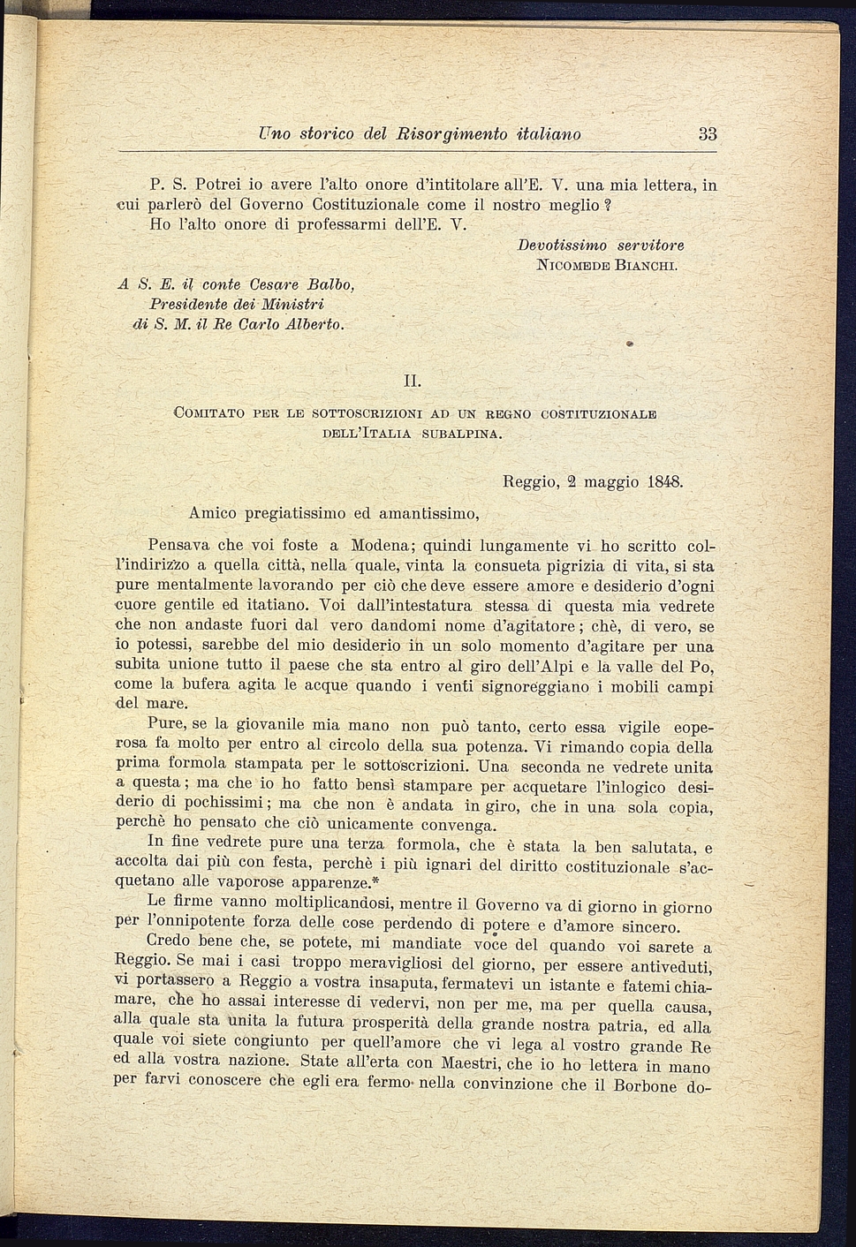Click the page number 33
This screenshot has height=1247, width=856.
pyautogui.click(x=707, y=134)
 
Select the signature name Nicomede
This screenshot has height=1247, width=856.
pyautogui.click(x=575, y=264)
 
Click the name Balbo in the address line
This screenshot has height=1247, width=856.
pyautogui.click(x=330, y=284)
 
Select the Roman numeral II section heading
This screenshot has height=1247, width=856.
pyautogui.click(x=412, y=381)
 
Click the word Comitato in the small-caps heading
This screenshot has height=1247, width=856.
pyautogui.click(x=209, y=413)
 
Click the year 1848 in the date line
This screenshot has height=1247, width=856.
pyautogui.click(x=664, y=482)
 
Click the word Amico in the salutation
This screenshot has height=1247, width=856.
pyautogui.click(x=213, y=512)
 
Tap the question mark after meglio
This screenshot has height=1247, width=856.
pyautogui.click(x=608, y=205)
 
